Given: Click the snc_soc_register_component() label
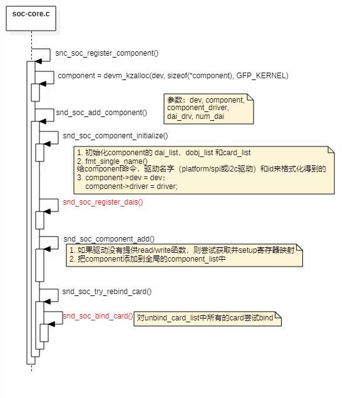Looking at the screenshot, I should [107, 53].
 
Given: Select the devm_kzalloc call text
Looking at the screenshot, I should [173, 76].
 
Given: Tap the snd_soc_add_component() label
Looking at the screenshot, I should [101, 113].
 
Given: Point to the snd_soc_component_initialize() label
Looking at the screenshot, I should [115, 135].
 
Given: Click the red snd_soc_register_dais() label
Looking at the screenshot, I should [103, 202].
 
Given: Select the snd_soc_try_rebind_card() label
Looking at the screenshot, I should [107, 292].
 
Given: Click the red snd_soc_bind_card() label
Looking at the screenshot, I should [98, 316].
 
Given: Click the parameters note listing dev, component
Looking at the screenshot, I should [208, 108].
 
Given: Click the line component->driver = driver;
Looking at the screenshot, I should [131, 186].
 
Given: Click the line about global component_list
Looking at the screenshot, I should [147, 258].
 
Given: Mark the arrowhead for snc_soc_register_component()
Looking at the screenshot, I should [38, 61].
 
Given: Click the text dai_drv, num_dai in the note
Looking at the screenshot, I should [195, 116].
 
